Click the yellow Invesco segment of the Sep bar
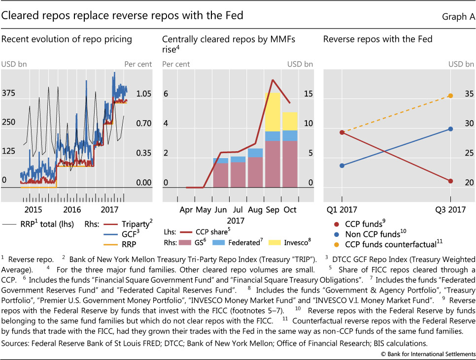[272, 112]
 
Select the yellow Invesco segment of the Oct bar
[290, 121]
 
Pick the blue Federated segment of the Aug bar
[255, 153]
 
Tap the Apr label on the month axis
[186, 209]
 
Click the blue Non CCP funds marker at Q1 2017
[342, 165]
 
